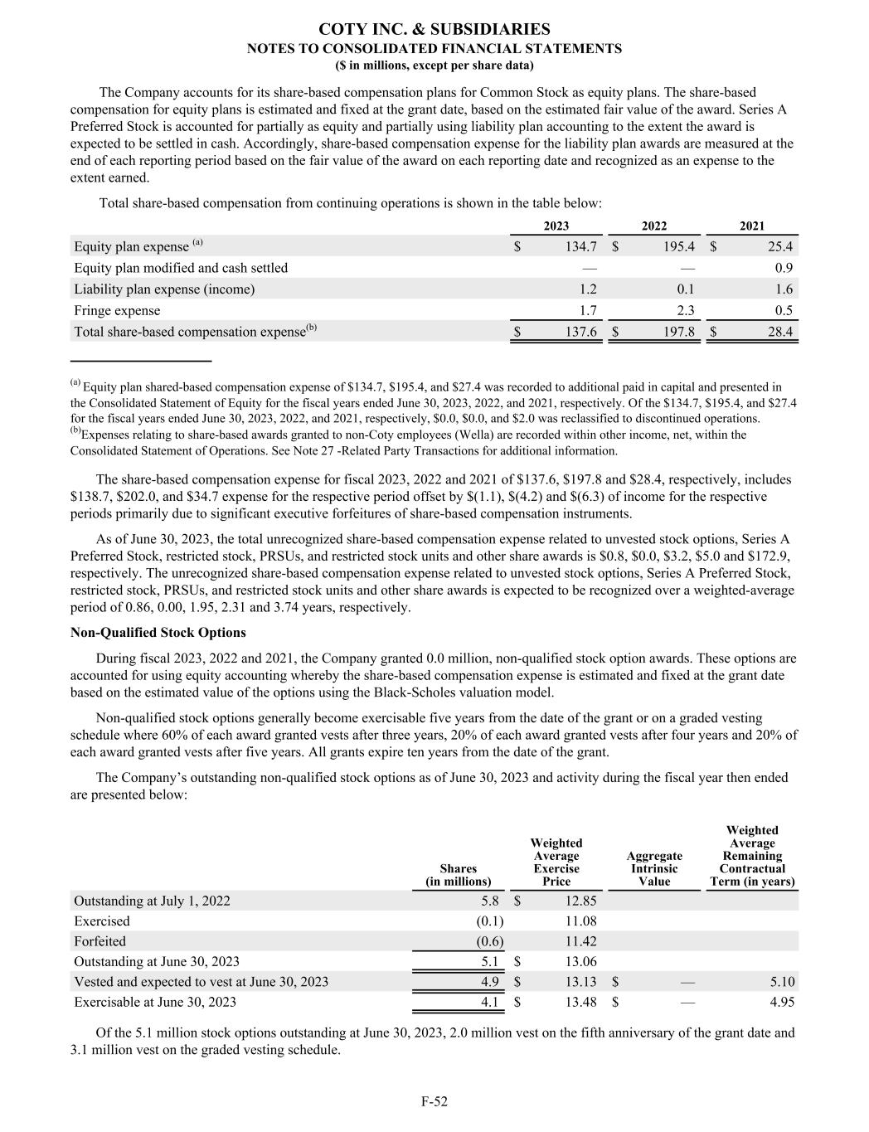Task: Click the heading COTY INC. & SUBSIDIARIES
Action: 434,30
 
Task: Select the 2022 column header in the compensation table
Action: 654,226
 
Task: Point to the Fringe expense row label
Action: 117,310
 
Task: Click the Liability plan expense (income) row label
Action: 164,289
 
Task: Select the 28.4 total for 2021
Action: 779,332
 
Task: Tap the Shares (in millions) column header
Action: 458,875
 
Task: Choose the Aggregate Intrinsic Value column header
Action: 654,868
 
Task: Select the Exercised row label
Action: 102,921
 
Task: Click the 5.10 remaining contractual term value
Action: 781,982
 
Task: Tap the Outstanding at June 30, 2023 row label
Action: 157,961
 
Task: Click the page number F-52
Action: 434,1101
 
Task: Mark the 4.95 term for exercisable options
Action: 781,1002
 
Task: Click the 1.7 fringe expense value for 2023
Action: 587,310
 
